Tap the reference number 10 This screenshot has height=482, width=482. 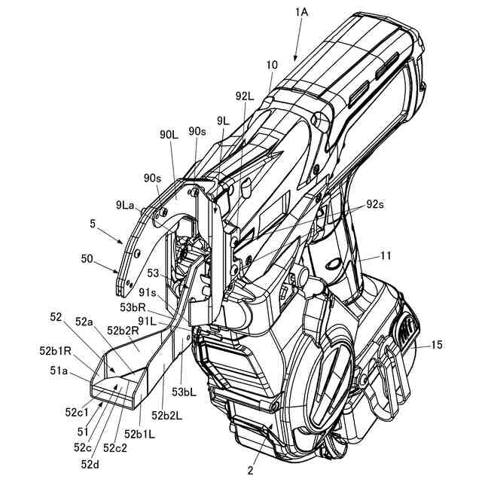[271, 66]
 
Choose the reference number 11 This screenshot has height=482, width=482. [385, 256]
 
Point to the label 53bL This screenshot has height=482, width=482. [185, 391]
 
